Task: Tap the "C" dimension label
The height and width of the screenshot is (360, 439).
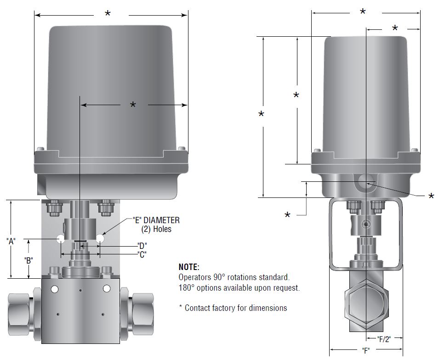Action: click(x=142, y=254)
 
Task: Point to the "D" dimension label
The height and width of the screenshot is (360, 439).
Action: click(x=142, y=245)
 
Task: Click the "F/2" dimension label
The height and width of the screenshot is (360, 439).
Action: click(x=384, y=339)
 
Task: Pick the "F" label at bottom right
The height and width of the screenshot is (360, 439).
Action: click(x=366, y=351)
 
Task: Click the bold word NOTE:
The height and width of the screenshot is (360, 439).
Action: click(x=189, y=267)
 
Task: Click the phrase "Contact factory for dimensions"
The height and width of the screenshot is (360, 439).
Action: click(x=236, y=308)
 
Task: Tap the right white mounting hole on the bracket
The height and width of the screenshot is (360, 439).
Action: click(x=100, y=239)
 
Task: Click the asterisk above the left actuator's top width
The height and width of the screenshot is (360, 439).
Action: click(x=108, y=14)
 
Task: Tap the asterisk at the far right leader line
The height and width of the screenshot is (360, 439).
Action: click(x=431, y=197)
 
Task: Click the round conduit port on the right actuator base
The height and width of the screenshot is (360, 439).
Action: click(x=366, y=182)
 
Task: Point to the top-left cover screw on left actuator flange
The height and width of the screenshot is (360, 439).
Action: click(x=40, y=149)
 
